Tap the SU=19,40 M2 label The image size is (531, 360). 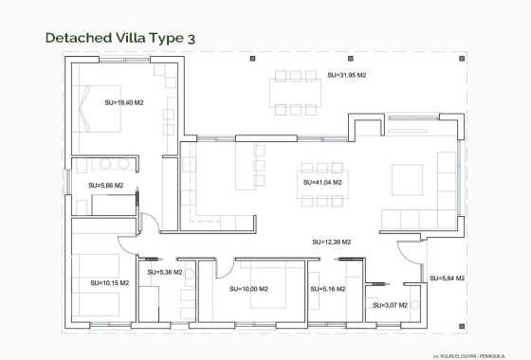pyautogui.click(x=124, y=102)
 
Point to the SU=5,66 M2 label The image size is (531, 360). pyautogui.click(x=105, y=186)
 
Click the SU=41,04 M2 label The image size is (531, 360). pyautogui.click(x=322, y=181)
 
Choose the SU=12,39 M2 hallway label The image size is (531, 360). pyautogui.click(x=332, y=243)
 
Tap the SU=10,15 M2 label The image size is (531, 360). pyautogui.click(x=109, y=282)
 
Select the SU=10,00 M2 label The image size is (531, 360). pyautogui.click(x=248, y=289)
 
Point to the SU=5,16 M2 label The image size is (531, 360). pyautogui.click(x=327, y=289)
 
